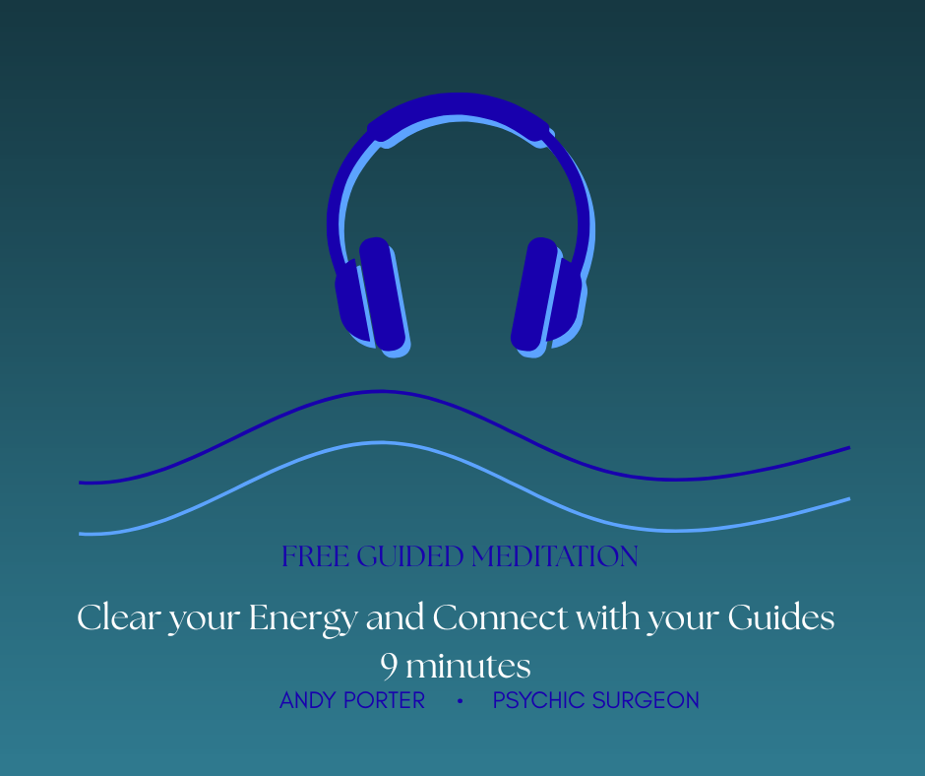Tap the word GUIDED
[x=410, y=556]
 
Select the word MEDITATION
[x=555, y=556]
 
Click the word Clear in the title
[x=119, y=617]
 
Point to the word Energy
[x=303, y=619]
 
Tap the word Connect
[x=500, y=617]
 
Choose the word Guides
[x=781, y=617]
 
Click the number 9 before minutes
[x=389, y=667]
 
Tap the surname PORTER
[x=384, y=700]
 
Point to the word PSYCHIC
[x=538, y=700]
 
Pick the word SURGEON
[x=646, y=700]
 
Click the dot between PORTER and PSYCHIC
[x=461, y=701]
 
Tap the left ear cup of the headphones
[x=372, y=296]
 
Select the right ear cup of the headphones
[x=548, y=296]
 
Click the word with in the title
[x=609, y=617]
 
